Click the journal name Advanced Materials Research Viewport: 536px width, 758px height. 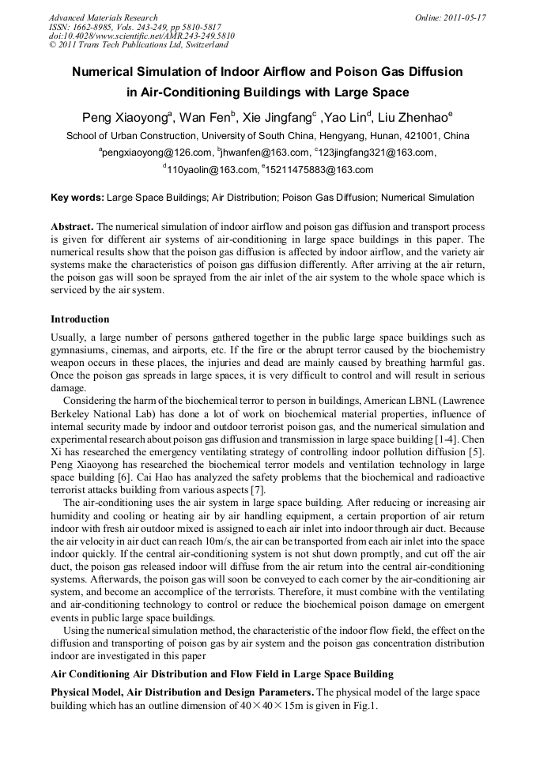[103, 17]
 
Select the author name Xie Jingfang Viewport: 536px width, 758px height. [278, 118]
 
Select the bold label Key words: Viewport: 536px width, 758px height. [77, 198]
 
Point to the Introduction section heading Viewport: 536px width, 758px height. [80, 319]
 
